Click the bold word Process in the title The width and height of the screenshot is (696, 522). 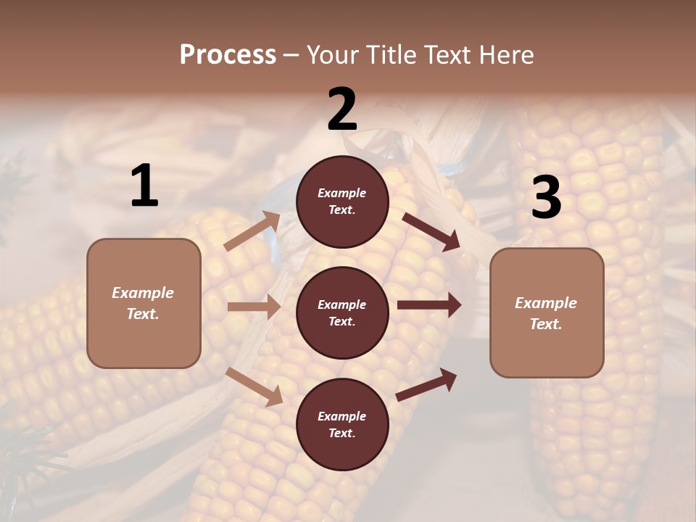point(228,55)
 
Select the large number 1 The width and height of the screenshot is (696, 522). point(144,186)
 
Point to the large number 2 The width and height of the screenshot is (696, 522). point(342,109)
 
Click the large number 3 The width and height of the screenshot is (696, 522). point(546,198)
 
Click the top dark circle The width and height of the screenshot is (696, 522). point(342,202)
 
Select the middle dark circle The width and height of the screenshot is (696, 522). point(342,312)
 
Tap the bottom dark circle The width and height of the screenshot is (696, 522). point(342,424)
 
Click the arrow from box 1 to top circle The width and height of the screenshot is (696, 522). point(252,231)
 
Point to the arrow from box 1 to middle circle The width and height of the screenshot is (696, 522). point(254,307)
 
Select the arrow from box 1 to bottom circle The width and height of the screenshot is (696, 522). point(254,386)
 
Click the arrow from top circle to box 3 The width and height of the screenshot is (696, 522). point(431,232)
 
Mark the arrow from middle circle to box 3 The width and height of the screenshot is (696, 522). point(429,304)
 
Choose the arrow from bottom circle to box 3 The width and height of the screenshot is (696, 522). point(427,384)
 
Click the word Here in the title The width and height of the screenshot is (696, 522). point(505,55)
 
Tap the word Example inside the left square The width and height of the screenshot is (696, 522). point(143,293)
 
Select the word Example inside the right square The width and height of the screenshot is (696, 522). point(546,303)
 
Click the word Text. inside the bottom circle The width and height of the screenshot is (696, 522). point(341,433)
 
